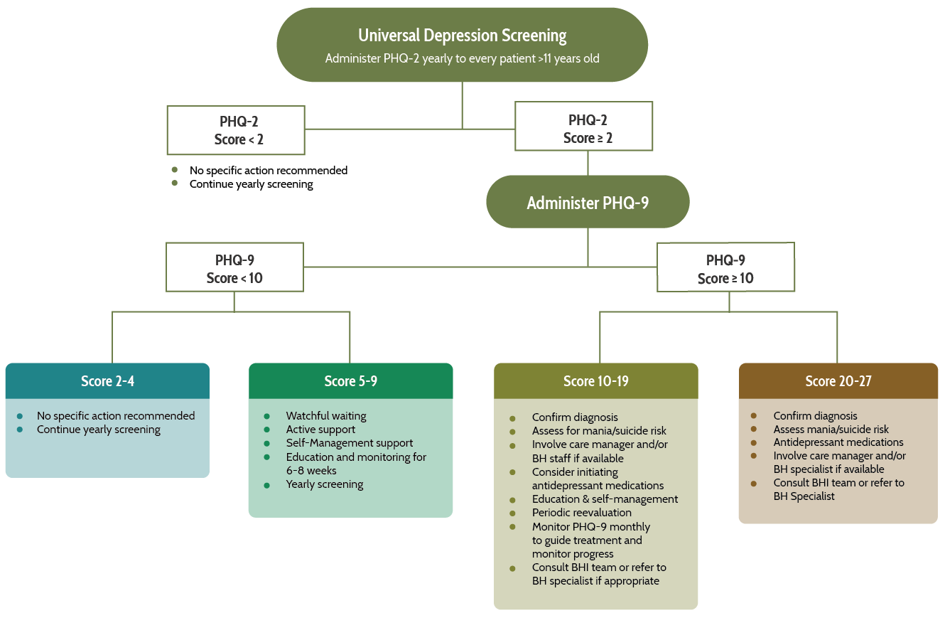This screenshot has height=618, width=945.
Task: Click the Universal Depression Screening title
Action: [462, 35]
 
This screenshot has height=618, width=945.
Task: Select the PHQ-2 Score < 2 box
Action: [236, 130]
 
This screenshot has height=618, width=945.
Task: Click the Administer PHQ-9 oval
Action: [588, 203]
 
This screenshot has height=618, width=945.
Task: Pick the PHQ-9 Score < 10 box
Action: [234, 268]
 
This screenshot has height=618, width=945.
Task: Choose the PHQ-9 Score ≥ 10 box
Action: [725, 269]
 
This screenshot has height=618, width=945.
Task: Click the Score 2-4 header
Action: [107, 381]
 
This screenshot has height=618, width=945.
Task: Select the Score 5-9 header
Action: [350, 381]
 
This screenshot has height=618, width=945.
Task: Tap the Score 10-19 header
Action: [595, 381]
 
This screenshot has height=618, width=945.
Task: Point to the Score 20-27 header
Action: [838, 381]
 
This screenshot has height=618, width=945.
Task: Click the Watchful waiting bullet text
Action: [326, 416]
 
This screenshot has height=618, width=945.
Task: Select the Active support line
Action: [320, 430]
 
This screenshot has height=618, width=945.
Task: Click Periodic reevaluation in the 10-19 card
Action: [581, 513]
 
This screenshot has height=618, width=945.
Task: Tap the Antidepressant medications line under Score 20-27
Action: [838, 442]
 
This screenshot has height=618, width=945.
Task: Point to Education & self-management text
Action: [605, 499]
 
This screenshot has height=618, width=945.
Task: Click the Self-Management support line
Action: [350, 443]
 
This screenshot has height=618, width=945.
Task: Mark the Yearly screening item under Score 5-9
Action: [325, 484]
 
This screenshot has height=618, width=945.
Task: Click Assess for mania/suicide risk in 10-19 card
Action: [599, 431]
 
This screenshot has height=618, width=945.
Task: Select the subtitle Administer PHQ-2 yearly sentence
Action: [462, 58]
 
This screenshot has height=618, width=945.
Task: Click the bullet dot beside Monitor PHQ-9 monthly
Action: [512, 527]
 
